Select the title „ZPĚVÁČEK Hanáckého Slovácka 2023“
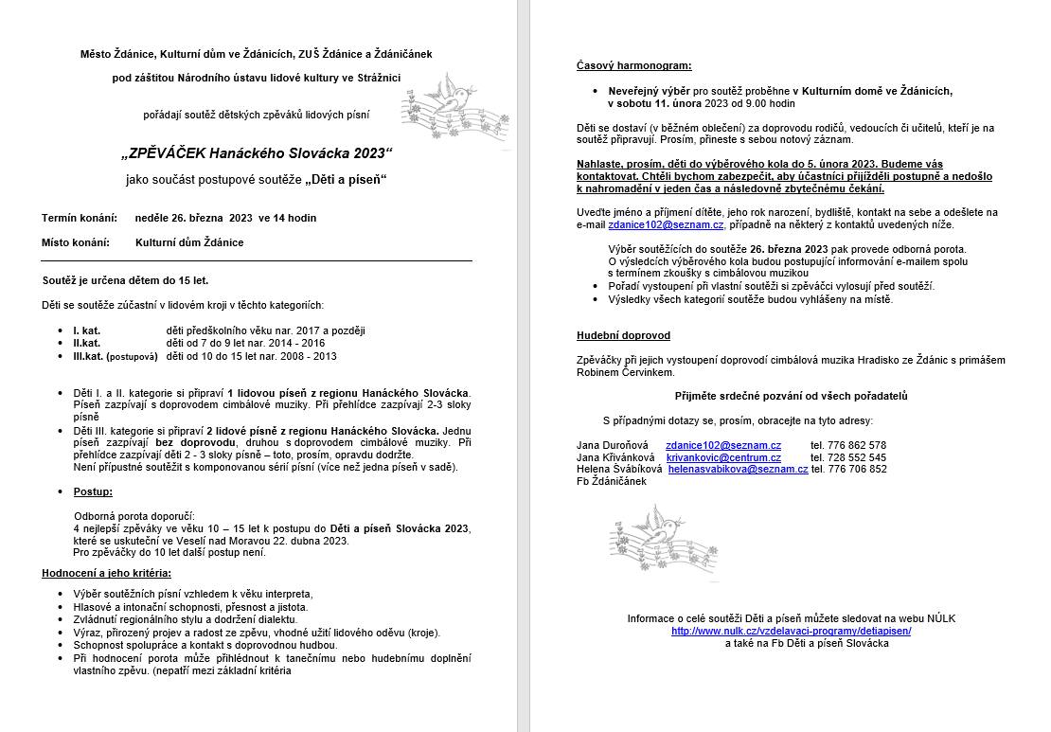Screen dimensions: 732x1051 click(257, 153)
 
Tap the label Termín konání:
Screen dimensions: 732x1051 click(80, 218)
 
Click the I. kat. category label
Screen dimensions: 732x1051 click(87, 330)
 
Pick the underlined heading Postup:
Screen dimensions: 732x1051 click(93, 491)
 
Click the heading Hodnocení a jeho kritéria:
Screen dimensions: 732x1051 click(106, 573)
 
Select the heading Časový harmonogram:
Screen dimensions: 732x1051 click(633, 65)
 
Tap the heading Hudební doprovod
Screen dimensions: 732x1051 click(623, 335)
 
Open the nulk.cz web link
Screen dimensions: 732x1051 click(791, 631)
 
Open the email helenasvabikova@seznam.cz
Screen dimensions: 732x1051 click(738, 469)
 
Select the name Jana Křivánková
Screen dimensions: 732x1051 click(615, 457)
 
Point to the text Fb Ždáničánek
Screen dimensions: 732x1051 click(611, 481)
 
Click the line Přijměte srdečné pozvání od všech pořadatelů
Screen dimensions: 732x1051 click(791, 396)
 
